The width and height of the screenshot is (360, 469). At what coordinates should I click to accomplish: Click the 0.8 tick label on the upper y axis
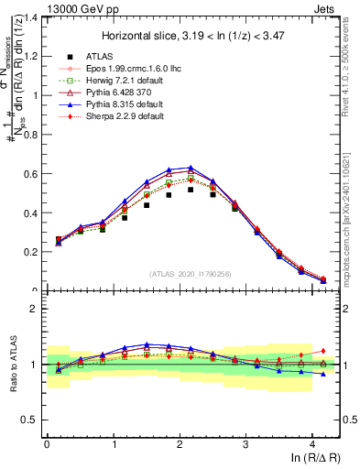(30, 135)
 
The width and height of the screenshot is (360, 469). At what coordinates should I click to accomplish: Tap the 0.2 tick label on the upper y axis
(30, 252)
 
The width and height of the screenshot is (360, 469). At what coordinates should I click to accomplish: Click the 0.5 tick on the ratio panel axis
(30, 420)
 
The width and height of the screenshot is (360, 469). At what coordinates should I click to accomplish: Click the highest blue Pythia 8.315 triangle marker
(191, 168)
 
